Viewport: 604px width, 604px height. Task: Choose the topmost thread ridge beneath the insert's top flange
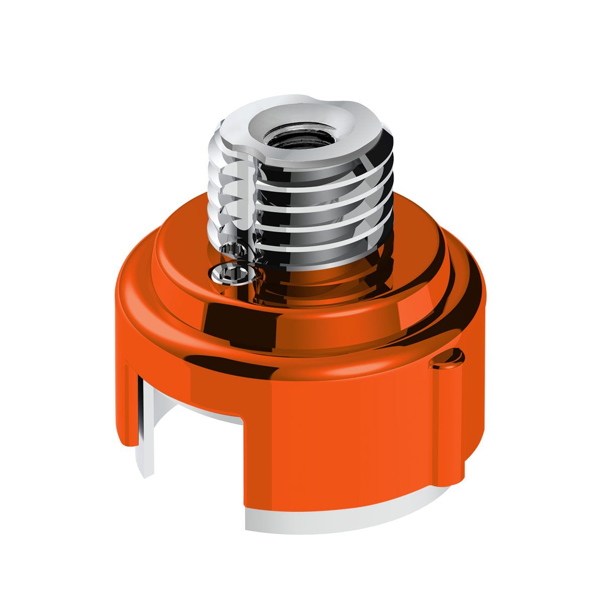tap(322, 174)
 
